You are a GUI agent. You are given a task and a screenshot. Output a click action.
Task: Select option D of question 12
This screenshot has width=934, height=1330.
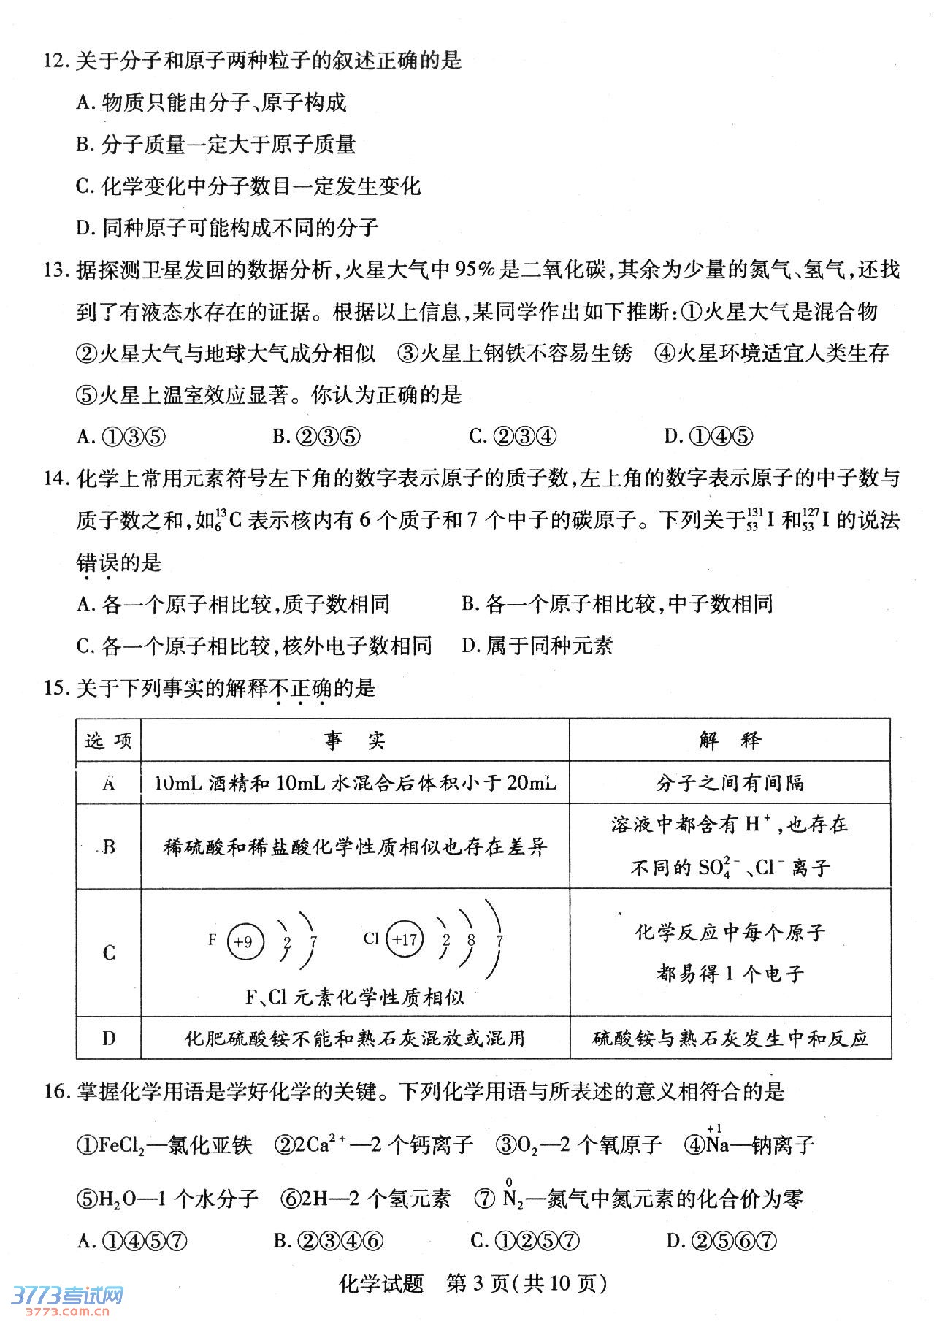(226, 228)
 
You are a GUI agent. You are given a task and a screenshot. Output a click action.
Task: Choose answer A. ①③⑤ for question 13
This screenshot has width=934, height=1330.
(121, 437)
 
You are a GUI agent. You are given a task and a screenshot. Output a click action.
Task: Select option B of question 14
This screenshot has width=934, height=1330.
(617, 604)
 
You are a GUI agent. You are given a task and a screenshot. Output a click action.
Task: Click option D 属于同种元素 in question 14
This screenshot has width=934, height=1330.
(537, 646)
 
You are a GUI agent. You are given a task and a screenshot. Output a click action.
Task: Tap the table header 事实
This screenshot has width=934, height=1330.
(355, 741)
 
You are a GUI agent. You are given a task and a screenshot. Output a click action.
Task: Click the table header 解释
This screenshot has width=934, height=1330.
(730, 741)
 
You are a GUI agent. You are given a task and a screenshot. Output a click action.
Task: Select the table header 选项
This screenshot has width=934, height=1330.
(108, 741)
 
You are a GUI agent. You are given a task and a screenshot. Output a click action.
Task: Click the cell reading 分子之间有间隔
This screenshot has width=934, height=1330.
(730, 783)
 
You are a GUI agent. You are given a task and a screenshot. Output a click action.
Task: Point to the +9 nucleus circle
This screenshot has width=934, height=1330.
(244, 941)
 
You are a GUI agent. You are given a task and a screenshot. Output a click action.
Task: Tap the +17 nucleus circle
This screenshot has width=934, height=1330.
(404, 940)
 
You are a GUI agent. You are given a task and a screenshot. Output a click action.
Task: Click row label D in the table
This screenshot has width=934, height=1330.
(109, 1038)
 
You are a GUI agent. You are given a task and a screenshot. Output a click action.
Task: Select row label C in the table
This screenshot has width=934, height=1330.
(109, 952)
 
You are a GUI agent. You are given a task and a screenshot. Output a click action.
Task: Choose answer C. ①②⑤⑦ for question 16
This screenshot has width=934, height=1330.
(525, 1241)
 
